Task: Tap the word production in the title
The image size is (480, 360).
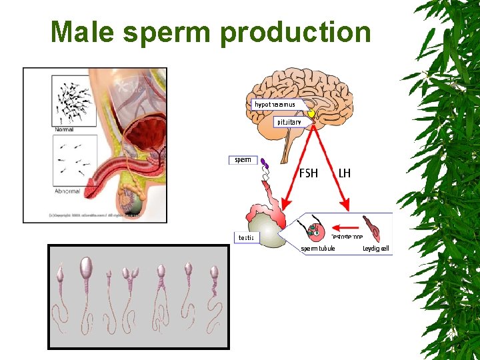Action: click(296, 32)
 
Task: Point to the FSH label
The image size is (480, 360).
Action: click(309, 173)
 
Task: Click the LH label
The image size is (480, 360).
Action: click(345, 173)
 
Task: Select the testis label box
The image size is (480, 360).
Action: click(246, 238)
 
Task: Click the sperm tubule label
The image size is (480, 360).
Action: click(318, 249)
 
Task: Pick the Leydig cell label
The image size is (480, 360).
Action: click(375, 249)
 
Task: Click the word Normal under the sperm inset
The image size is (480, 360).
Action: click(64, 129)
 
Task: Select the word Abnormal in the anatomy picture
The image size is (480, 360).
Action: click(67, 191)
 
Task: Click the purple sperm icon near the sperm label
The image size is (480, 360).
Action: click(264, 163)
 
